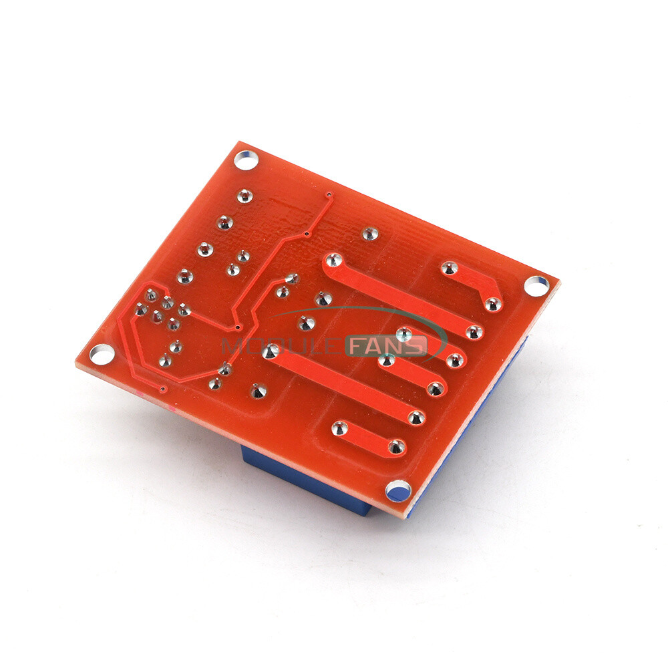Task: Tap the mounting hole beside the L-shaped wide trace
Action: pos(536,285)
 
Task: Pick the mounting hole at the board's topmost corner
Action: pos(244,159)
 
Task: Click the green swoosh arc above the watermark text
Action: pos(361,311)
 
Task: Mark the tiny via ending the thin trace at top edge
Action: pos(329,196)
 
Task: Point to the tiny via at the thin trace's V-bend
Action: pos(238,327)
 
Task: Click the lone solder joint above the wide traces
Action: pos(369,234)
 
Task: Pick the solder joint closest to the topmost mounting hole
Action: pos(245,196)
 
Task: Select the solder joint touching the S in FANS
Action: pos(403,334)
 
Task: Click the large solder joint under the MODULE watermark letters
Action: pos(268,351)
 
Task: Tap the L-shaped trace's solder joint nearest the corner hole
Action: pos(493,305)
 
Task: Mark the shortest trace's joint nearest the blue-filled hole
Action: pos(397,446)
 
